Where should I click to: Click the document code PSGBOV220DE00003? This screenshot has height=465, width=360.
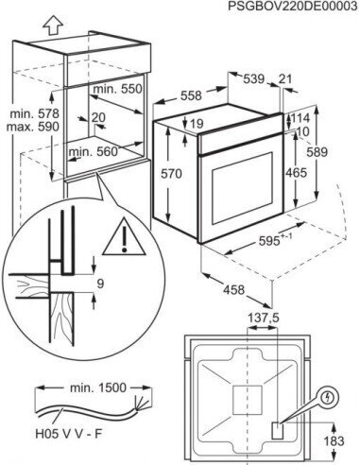click(293, 7)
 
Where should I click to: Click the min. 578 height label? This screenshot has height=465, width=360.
click(21, 112)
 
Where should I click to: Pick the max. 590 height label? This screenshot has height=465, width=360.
click(21, 126)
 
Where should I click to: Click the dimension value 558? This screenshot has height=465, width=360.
click(193, 96)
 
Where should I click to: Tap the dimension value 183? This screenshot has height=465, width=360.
click(337, 440)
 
